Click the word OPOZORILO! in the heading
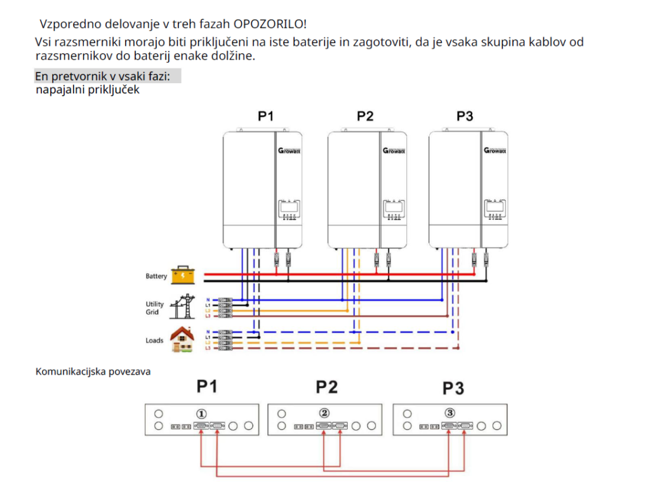270,25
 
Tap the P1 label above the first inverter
266,116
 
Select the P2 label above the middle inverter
365,116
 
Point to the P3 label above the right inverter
465,116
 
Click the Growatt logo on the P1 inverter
288,151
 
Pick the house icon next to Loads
183,339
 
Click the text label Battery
156,276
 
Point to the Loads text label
154,340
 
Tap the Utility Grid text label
155,309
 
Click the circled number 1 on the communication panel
202,413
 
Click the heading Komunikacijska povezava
93,372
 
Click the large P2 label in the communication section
326,387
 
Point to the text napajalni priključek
88,90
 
